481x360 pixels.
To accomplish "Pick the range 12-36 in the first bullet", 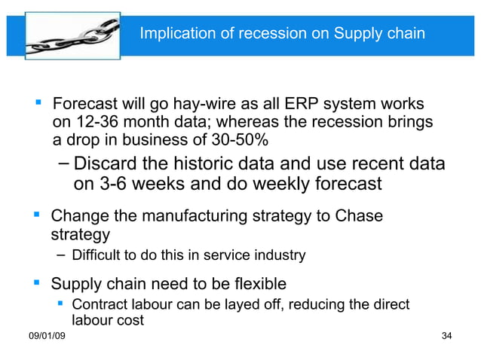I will (x=97, y=122).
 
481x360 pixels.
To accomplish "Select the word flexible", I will (x=251, y=284).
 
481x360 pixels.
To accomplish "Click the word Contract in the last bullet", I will (x=96, y=305).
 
